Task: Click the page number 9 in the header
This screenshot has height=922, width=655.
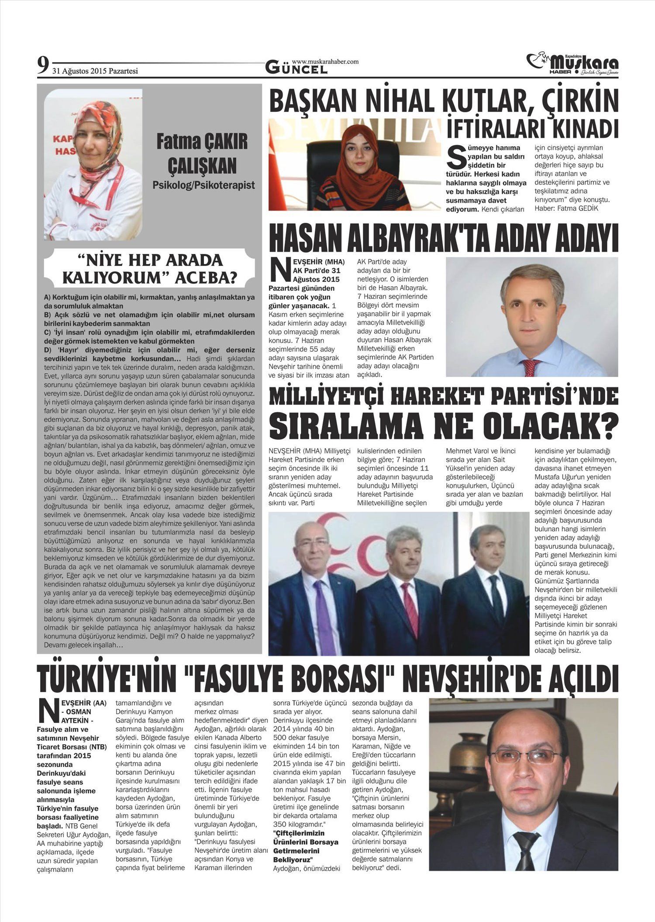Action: click(43, 66)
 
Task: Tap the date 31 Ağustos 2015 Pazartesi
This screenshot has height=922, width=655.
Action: click(95, 70)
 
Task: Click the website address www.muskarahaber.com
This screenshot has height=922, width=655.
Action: click(325, 62)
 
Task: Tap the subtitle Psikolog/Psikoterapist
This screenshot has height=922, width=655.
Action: click(203, 185)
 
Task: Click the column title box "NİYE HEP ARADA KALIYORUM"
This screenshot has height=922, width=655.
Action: click(150, 269)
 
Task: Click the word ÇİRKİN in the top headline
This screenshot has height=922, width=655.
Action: click(580, 100)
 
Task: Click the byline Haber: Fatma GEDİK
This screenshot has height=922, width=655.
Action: click(566, 208)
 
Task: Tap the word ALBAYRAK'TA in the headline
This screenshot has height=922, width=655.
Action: click(442, 239)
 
